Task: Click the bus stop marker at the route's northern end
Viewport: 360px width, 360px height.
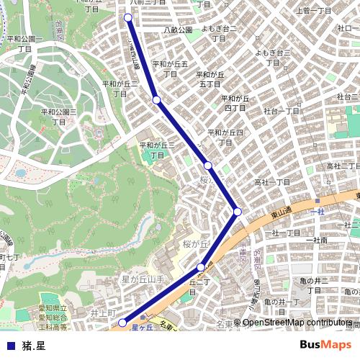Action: click(x=128, y=17)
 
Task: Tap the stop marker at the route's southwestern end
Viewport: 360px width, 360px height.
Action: click(x=122, y=323)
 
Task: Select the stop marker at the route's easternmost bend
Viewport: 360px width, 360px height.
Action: click(x=237, y=211)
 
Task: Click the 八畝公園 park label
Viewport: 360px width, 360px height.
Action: click(x=178, y=30)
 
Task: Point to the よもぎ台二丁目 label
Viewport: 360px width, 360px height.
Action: click(x=219, y=33)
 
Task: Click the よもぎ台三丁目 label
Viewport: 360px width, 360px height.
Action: click(x=273, y=58)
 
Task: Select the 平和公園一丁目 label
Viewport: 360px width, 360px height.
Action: click(x=25, y=44)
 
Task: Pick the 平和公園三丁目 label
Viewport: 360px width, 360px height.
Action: click(x=59, y=117)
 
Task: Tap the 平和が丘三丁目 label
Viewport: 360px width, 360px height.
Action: click(x=157, y=150)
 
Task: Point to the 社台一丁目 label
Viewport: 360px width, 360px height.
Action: click(x=282, y=112)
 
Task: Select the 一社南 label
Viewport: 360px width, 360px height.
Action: click(x=316, y=240)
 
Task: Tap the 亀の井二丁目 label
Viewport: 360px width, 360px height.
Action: click(x=315, y=285)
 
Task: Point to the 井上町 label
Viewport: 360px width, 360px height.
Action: click(x=103, y=314)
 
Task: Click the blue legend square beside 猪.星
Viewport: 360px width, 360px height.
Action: click(x=10, y=345)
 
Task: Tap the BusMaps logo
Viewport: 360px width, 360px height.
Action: click(x=325, y=345)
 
